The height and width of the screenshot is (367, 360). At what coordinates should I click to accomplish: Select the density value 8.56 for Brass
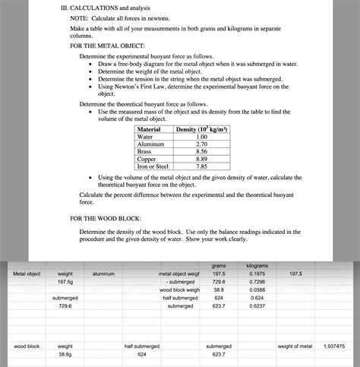(201, 151)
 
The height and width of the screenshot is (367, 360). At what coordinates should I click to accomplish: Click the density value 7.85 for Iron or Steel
(201, 166)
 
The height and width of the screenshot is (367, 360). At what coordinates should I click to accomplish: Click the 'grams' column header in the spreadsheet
(219, 265)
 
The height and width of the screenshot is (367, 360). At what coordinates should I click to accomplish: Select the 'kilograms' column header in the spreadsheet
(257, 265)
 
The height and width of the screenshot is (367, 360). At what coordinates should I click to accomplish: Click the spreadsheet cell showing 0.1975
(257, 273)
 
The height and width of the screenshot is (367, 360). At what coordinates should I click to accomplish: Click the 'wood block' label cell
(27, 346)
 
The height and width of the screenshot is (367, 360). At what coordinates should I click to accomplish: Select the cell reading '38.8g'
(65, 354)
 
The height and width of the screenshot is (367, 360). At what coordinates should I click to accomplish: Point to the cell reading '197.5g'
(65, 281)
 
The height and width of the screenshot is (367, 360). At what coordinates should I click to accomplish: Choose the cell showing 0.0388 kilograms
(257, 289)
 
